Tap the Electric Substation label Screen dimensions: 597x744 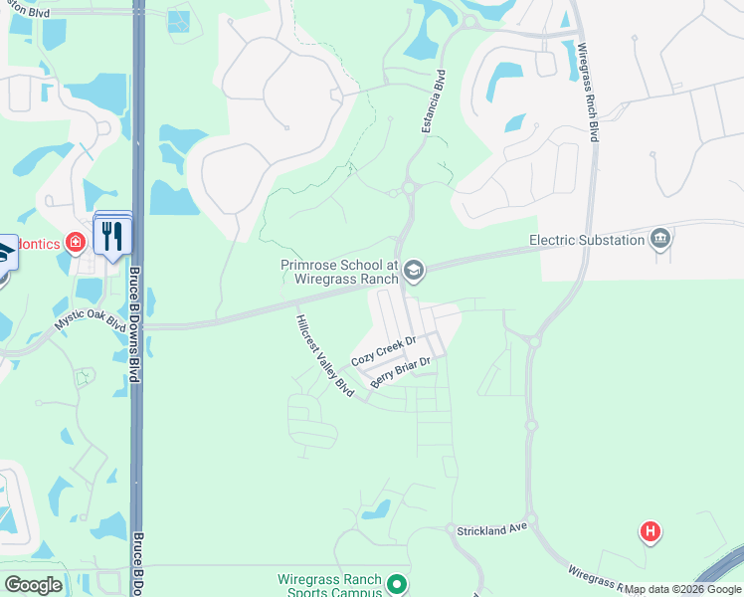coord(586,240)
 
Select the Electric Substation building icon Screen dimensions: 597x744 coord(659,239)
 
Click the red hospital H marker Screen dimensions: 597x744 coord(651,532)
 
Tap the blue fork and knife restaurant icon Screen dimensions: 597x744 coord(111,236)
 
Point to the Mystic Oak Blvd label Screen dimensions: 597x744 coord(90,322)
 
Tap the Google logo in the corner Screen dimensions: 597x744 coord(34,585)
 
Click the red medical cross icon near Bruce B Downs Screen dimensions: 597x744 coord(75,241)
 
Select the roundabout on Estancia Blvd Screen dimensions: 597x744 coord(408,187)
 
